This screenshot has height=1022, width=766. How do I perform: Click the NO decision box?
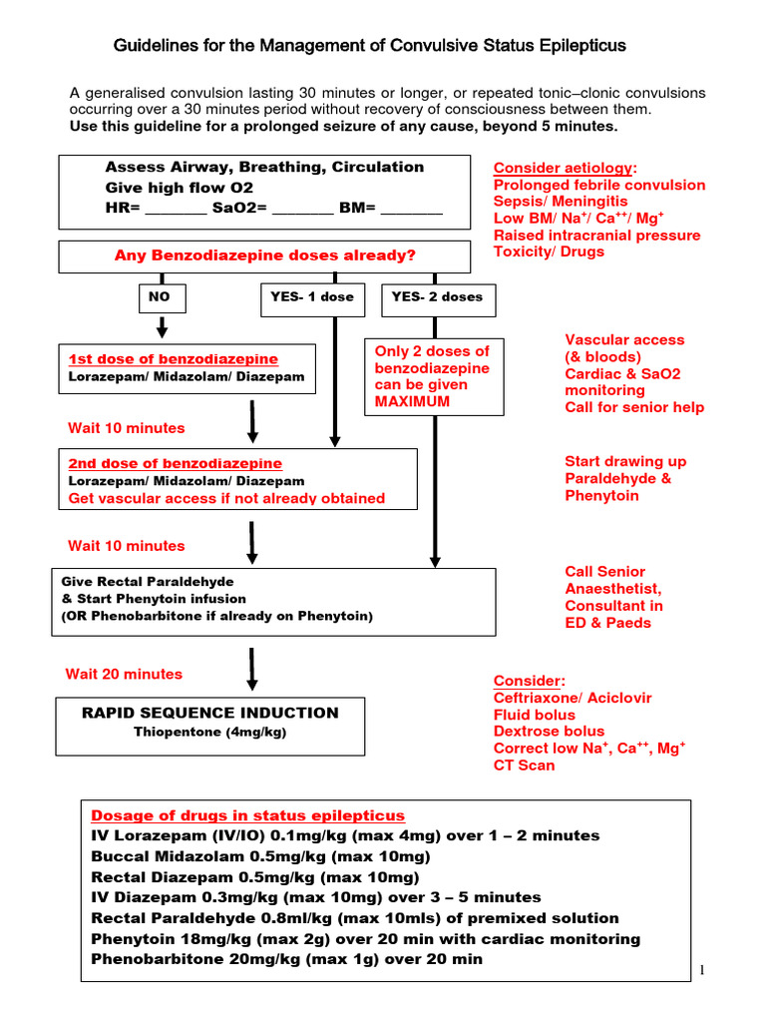[x=160, y=297]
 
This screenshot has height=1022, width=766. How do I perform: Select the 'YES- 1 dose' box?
[x=312, y=297]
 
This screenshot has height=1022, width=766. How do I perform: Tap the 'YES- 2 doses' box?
[x=437, y=297]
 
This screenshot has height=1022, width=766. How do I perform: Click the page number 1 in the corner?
[x=702, y=971]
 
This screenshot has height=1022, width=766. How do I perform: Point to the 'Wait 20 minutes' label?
[x=125, y=674]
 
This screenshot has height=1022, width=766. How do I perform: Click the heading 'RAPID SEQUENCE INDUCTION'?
[x=210, y=713]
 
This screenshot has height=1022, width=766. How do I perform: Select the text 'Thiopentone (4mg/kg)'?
[x=210, y=732]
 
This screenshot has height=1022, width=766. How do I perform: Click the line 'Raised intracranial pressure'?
[x=596, y=236]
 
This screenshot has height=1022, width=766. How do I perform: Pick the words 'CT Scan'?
[x=525, y=766]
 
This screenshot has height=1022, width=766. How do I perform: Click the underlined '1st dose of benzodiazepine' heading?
[x=173, y=359]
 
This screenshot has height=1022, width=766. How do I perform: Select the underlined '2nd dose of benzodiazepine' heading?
[x=175, y=464]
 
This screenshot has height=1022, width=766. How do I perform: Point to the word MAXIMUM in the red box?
[x=412, y=401]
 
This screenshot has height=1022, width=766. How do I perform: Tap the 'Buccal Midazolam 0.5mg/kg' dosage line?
[x=260, y=856]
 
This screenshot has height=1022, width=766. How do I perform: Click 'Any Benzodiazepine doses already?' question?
[x=265, y=255]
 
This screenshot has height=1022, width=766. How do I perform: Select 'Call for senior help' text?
[x=634, y=407]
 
